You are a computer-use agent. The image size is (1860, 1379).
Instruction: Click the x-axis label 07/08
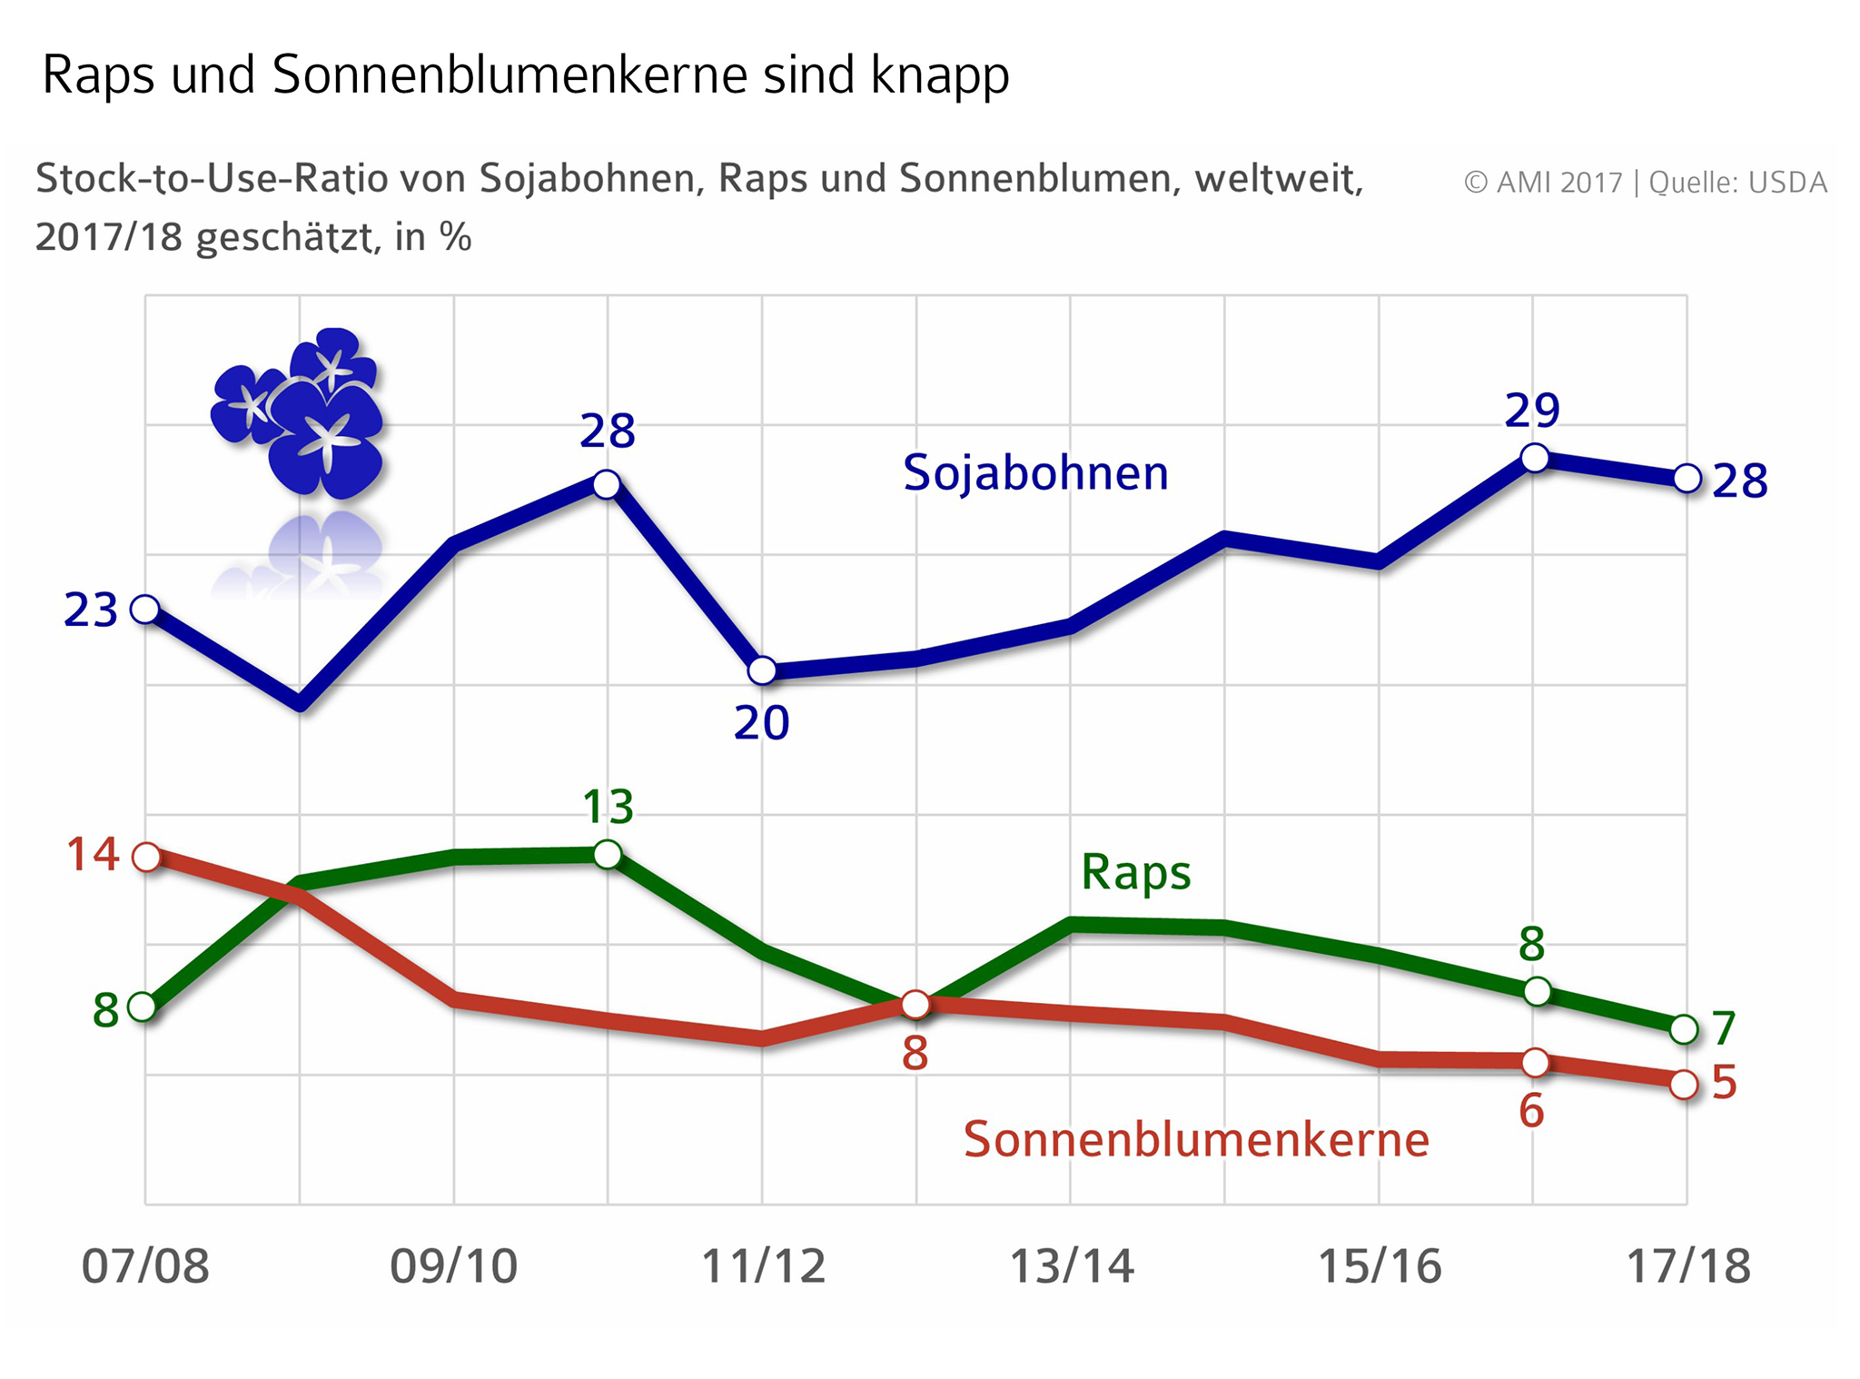[x=145, y=1265]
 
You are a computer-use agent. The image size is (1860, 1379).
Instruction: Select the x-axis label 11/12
[x=763, y=1265]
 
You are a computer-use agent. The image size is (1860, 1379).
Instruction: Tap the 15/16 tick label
[x=1380, y=1265]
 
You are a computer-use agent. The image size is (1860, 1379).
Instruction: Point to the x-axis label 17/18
[x=1687, y=1265]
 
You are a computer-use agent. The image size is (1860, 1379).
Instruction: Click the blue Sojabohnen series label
[x=1035, y=473]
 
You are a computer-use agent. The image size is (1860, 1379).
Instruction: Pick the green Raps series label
[x=1135, y=873]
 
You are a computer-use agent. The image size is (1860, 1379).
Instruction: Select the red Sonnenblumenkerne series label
[x=1196, y=1139]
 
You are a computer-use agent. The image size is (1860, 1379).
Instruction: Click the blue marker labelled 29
[x=1534, y=458]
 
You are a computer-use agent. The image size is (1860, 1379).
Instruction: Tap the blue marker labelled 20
[x=763, y=670]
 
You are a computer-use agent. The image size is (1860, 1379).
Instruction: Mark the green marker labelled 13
[x=608, y=854]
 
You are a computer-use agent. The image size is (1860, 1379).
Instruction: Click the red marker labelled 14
[x=146, y=857]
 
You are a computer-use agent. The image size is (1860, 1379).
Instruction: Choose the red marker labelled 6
[x=1535, y=1062]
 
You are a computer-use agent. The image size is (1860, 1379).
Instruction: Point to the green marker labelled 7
[x=1684, y=1029]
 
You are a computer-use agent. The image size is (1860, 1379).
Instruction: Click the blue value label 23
[x=91, y=610]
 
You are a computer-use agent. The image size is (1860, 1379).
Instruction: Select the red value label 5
[x=1724, y=1083]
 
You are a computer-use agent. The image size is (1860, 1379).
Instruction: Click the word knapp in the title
[x=939, y=75]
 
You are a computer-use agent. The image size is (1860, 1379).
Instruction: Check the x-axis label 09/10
[x=453, y=1265]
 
